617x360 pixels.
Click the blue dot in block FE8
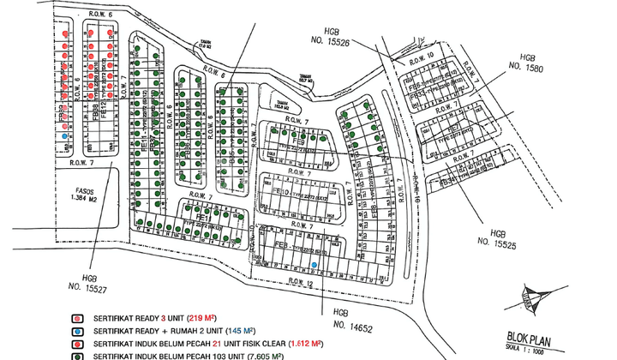pyautogui.click(x=316, y=265)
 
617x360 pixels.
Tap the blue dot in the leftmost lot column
pyautogui.click(x=63, y=135)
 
